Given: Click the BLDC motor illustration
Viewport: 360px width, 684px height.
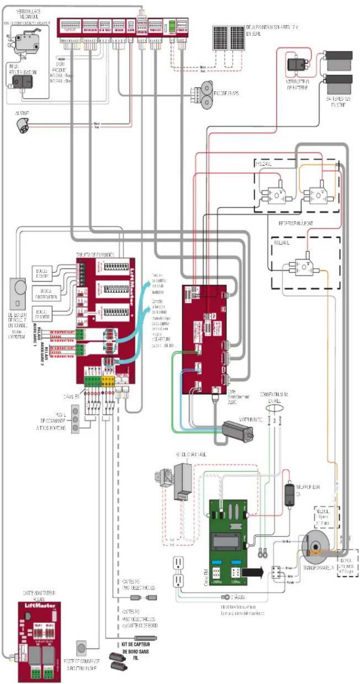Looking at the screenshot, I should (237, 429).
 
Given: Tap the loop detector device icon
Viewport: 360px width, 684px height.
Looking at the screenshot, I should (18, 293).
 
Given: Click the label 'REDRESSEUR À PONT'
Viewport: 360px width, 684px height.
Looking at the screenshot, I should (296, 223).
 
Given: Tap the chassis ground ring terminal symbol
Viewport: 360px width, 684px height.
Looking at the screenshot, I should (226, 596).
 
